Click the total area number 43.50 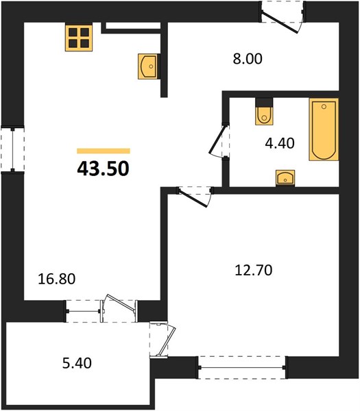point(103,169)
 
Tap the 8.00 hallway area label point(248,59)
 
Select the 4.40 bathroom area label point(280,143)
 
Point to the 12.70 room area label point(254,271)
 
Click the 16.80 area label point(57,279)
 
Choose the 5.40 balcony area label point(77,363)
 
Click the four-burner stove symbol point(79,37)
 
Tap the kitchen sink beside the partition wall point(147,66)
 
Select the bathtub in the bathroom point(324,129)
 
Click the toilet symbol point(264,115)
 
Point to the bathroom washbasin point(285,178)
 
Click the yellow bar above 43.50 point(104,151)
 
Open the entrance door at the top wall point(283,17)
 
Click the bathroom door point(219,140)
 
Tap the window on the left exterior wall point(12,149)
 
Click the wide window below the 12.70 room point(242,367)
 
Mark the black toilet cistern point(264,102)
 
